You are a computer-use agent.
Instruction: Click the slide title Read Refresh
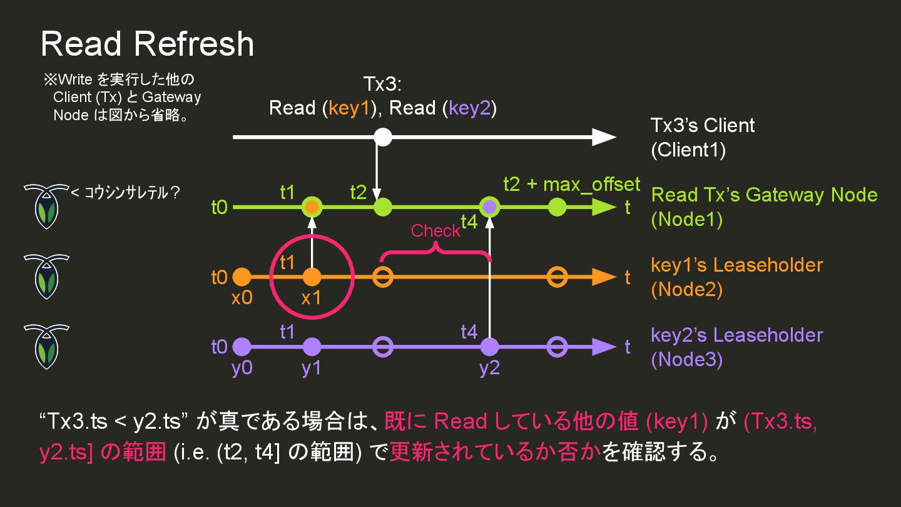point(147,44)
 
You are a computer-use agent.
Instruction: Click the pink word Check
point(435,231)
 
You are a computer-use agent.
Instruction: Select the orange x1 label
point(311,298)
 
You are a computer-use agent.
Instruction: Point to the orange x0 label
point(242,298)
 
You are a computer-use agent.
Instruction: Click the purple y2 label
point(489,368)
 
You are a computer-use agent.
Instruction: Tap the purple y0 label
point(242,368)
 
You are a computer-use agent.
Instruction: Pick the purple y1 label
point(311,368)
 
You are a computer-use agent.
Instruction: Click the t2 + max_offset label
point(572,184)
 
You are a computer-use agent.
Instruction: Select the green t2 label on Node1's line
point(359,192)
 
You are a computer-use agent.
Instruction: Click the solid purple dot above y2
point(489,346)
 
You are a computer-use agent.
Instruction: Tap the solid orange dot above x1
point(311,276)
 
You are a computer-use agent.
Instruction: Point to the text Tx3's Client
point(703,125)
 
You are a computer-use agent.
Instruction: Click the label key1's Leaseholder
point(736,265)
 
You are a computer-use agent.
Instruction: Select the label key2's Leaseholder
point(736,335)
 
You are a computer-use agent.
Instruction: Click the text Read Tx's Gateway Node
point(764,195)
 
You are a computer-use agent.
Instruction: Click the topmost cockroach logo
point(46,207)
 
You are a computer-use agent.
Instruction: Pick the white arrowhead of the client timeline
point(604,136)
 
